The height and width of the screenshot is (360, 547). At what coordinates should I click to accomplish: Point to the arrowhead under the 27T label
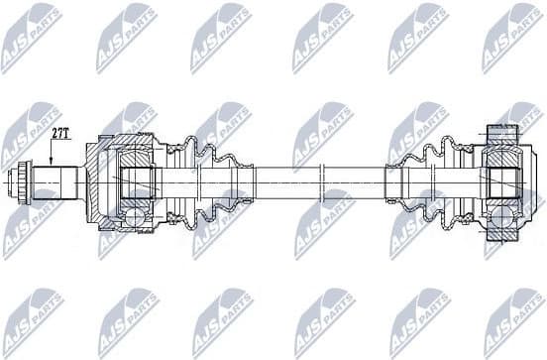(x=49, y=163)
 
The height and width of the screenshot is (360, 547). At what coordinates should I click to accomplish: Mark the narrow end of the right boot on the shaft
(x=394, y=182)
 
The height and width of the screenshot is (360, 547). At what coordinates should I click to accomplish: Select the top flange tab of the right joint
(x=500, y=130)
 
